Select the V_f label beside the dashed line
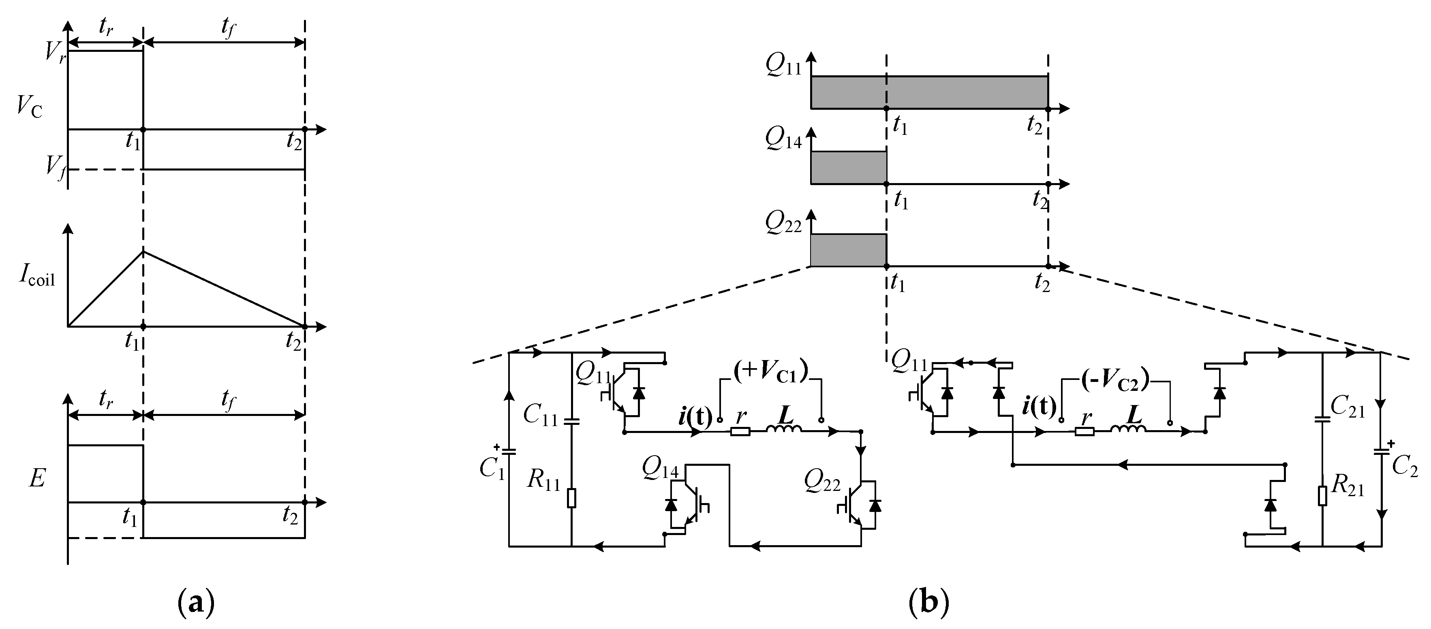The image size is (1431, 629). tap(56, 165)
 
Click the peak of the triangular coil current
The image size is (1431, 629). tap(144, 252)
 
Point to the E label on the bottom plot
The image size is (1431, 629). tap(36, 478)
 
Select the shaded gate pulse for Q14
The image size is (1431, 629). tap(848, 167)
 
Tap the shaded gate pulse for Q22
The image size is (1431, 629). tap(848, 250)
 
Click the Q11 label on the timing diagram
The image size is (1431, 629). tap(783, 66)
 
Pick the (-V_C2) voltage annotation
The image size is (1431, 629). tap(1115, 382)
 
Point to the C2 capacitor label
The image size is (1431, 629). tap(1404, 467)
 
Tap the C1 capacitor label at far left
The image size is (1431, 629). tap(492, 468)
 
